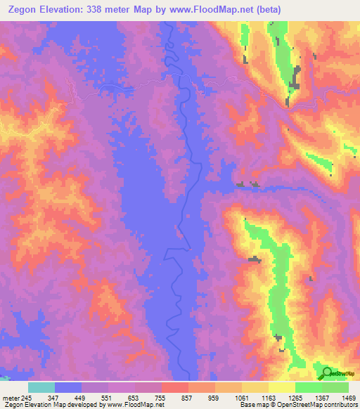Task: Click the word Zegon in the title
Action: [x=25, y=8]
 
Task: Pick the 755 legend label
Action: [x=159, y=397]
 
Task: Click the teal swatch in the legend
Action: [x=41, y=387]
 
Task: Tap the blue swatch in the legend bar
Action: [x=68, y=387]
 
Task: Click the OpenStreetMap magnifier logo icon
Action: [x=327, y=372]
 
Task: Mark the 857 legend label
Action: [x=186, y=397]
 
